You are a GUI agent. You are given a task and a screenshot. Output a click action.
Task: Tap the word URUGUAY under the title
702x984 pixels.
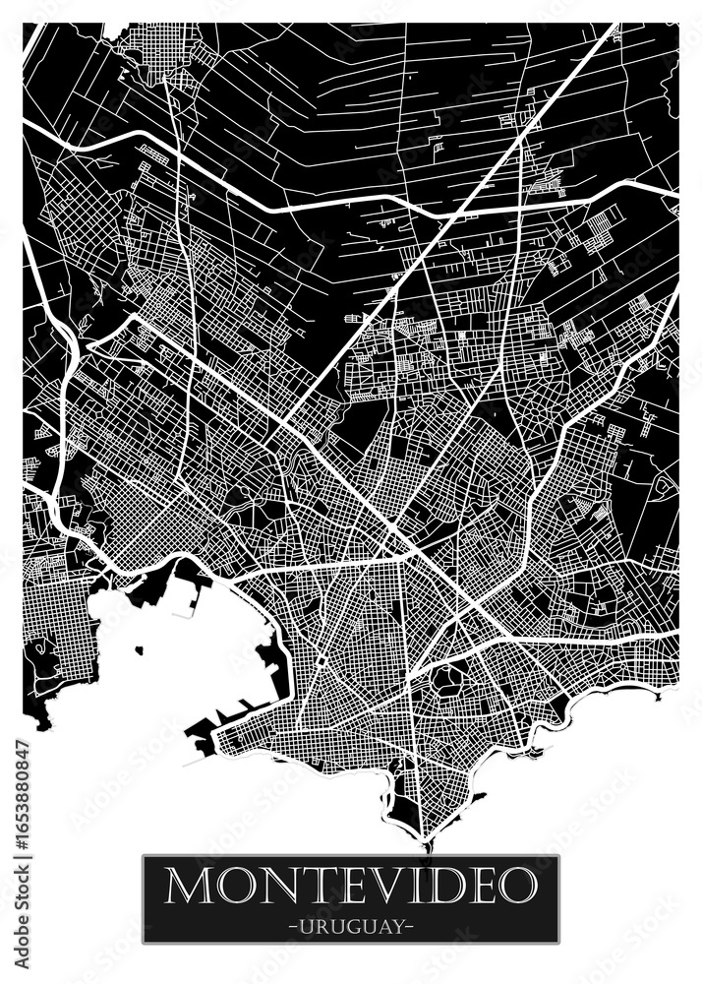coord(351,927)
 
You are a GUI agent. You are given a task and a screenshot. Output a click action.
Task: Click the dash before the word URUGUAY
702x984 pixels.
coord(292,927)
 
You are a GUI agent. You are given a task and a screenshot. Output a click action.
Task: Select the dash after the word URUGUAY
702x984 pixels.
coord(410,927)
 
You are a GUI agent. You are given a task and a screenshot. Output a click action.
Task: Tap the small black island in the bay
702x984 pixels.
coord(139,649)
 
